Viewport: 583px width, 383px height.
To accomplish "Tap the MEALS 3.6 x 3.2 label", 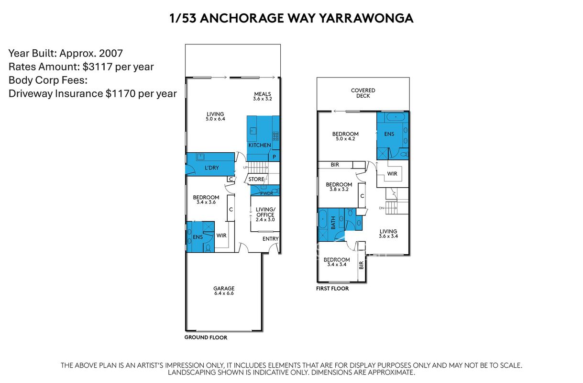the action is [x=263, y=96].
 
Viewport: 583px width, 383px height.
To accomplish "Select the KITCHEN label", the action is [x=260, y=145].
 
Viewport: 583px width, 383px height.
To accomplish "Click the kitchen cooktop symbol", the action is [x=275, y=136].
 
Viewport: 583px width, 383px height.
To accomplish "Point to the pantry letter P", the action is [x=274, y=157].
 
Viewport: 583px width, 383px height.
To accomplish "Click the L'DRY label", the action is [x=211, y=168].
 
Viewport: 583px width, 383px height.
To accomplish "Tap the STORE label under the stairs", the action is [x=256, y=179].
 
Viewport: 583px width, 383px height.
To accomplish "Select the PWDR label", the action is [x=267, y=193].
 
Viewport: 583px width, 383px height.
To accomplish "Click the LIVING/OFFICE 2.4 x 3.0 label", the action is [x=265, y=214].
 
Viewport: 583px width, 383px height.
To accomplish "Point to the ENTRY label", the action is [x=270, y=239].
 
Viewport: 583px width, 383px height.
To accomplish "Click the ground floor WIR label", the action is [x=221, y=236].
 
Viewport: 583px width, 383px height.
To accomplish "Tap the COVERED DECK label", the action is [x=363, y=93].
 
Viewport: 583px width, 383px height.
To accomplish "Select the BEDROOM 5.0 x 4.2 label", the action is [x=345, y=136].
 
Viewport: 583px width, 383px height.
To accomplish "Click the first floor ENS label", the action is [x=389, y=134].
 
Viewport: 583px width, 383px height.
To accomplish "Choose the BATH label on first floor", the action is [x=333, y=223].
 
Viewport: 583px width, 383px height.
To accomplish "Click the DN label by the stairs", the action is [x=381, y=208].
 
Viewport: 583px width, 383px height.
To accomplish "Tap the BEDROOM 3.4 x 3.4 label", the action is [x=337, y=262].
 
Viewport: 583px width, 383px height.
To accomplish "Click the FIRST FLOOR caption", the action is [x=332, y=288].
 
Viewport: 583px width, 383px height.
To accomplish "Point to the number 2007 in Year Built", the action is [x=111, y=54].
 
